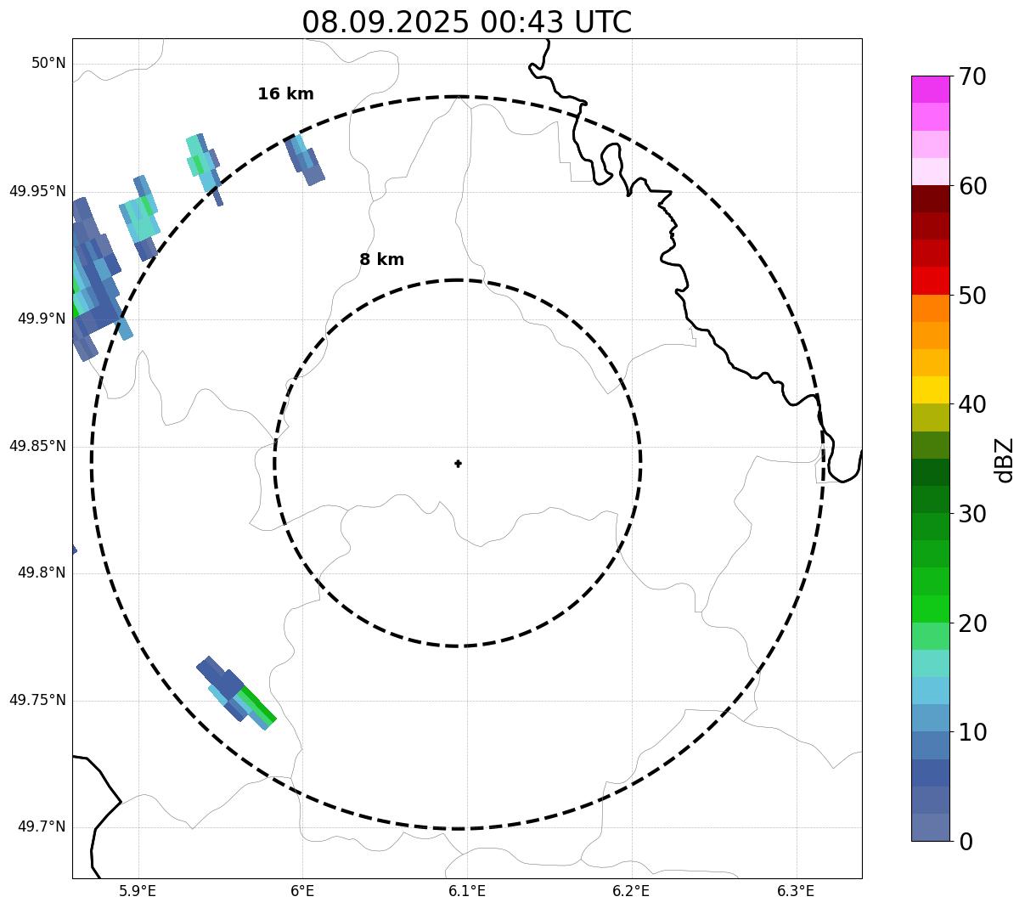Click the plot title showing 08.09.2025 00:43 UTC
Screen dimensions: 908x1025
(x=466, y=22)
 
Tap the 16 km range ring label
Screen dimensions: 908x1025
(x=285, y=94)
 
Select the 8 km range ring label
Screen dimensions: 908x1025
(x=381, y=260)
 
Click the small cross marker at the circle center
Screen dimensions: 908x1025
(x=459, y=464)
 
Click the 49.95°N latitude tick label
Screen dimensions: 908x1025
(x=37, y=191)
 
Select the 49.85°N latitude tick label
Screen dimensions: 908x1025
(x=37, y=446)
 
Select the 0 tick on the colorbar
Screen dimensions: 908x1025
(x=967, y=842)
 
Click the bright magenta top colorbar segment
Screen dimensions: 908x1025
(x=930, y=89)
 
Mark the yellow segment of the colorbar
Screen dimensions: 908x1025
(x=930, y=390)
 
